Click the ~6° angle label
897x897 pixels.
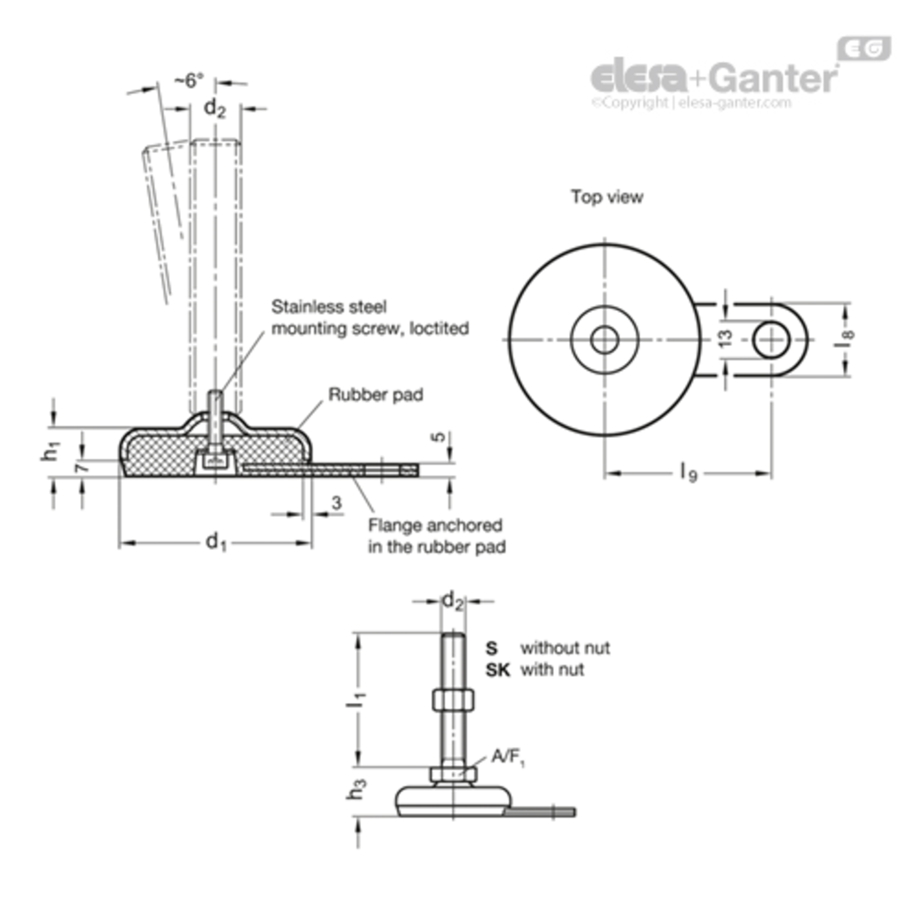coord(189,80)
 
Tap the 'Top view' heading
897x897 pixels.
coord(607,197)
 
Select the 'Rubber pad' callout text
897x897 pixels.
coord(376,395)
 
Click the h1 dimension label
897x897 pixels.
coord(51,452)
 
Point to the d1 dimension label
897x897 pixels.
coord(216,542)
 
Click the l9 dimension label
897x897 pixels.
coord(689,474)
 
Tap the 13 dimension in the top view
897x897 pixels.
coord(725,338)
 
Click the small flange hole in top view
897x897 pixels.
coord(771,340)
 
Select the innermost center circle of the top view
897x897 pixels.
coord(605,340)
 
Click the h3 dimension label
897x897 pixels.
coord(356,789)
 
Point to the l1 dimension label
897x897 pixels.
coord(356,697)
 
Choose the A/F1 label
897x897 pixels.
coord(508,758)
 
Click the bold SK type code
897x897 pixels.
coord(498,670)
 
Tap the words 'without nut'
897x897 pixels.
coord(565,648)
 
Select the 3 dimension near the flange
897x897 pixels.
coord(337,503)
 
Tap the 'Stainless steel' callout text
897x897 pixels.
coord(329,307)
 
